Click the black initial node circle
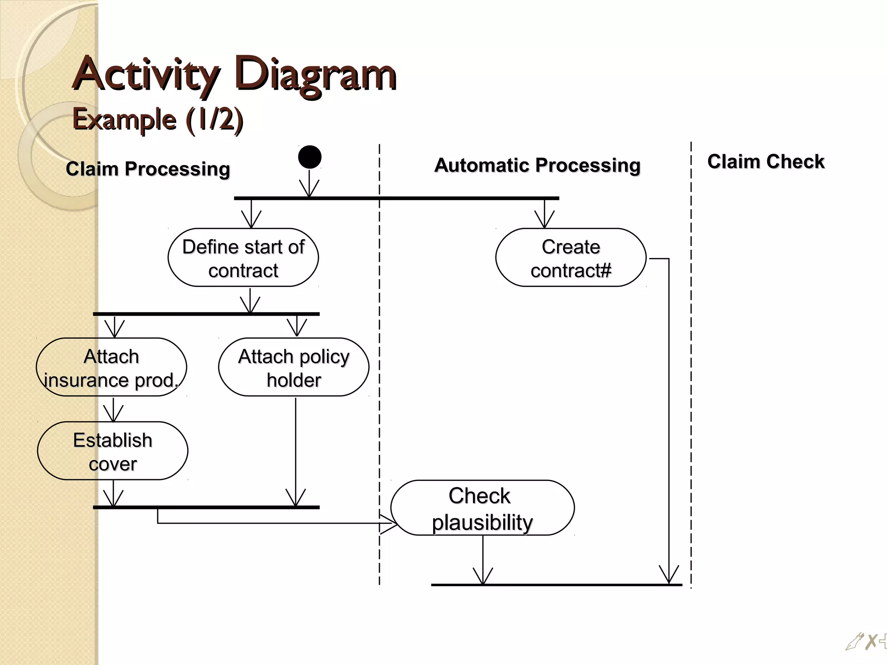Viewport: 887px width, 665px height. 310,157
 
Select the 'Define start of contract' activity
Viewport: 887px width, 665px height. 243,258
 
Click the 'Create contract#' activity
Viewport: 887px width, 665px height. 571,258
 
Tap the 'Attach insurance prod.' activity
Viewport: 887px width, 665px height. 112,368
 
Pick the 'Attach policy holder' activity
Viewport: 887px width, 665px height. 294,368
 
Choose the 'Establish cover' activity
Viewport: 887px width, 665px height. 113,451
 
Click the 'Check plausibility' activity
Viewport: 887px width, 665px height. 482,508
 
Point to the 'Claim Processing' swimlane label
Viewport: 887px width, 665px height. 148,169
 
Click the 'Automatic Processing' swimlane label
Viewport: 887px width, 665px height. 537,165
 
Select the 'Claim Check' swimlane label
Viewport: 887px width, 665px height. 765,161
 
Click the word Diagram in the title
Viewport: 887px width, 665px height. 315,74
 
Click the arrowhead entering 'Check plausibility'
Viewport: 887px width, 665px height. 389,523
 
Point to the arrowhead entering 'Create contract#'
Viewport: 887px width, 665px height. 544,220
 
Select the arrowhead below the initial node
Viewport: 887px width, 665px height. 309,190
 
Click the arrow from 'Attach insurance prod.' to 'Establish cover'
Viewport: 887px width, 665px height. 113,410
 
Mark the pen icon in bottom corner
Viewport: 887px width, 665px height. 854,642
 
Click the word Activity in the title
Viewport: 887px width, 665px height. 146,74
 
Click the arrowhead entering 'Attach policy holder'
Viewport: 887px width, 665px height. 297,328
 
